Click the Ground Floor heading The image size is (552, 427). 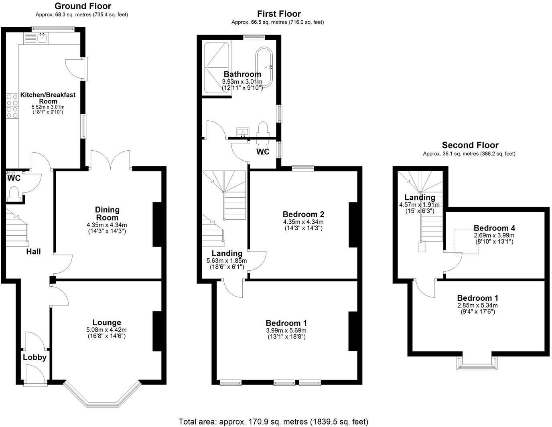pos(83,6)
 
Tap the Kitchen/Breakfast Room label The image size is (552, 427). pos(48,98)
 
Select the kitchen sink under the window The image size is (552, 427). pos(41,38)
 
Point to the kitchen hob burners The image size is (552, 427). pos(12,106)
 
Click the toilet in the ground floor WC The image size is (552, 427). pos(14,194)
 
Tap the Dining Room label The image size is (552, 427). pos(107,213)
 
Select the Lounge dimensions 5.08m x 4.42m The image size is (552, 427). pos(107,330)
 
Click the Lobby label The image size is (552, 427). pos(34,357)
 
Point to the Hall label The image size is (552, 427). pos(33,251)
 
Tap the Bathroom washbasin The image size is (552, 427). pos(243,132)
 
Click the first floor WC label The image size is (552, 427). pos(263,152)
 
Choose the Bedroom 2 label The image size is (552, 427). pos(303,214)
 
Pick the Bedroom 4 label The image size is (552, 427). pos(494,229)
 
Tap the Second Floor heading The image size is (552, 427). pos(470,145)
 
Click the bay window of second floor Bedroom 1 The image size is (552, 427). pos(476,363)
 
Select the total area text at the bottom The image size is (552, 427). pos(273,421)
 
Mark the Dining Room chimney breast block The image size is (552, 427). pos(157,224)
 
